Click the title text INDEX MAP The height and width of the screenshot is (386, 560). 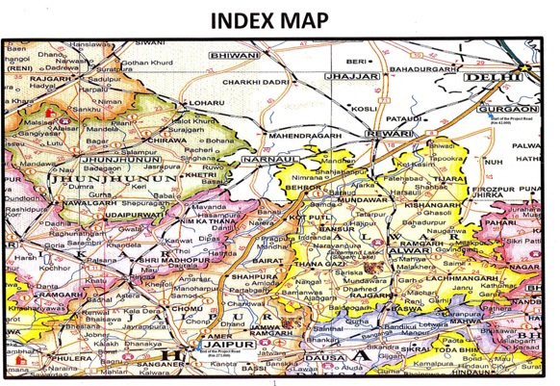point(279,18)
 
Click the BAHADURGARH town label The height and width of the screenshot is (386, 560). point(429,70)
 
